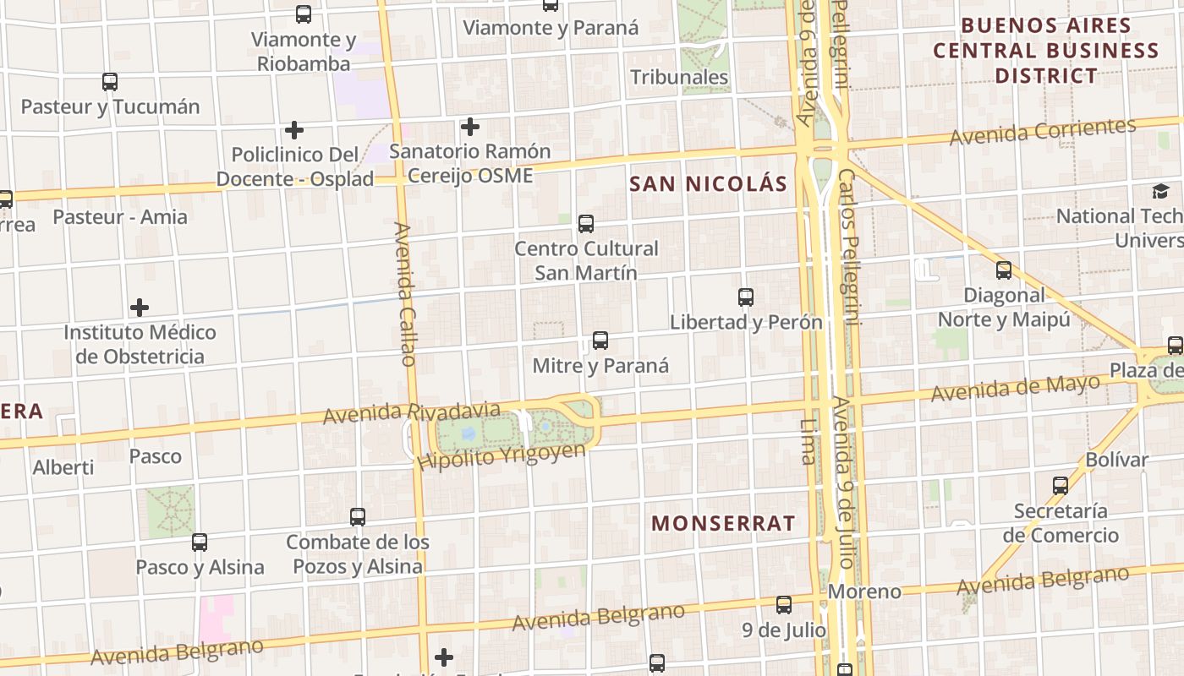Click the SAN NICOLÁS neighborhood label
click(709, 183)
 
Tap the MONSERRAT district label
click(723, 523)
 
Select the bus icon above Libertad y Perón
click(746, 297)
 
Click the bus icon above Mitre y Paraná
click(600, 341)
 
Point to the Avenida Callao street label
click(405, 294)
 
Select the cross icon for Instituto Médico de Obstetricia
click(140, 308)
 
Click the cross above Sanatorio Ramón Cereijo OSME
click(470, 127)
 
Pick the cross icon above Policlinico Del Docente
click(294, 130)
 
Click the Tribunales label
click(679, 77)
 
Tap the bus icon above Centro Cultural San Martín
click(586, 224)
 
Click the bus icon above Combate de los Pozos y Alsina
click(358, 516)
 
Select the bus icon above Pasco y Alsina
click(200, 542)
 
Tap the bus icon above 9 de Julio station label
click(784, 605)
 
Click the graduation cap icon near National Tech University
click(1160, 191)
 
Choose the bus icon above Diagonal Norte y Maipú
click(1004, 270)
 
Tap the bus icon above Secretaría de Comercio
click(1061, 486)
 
